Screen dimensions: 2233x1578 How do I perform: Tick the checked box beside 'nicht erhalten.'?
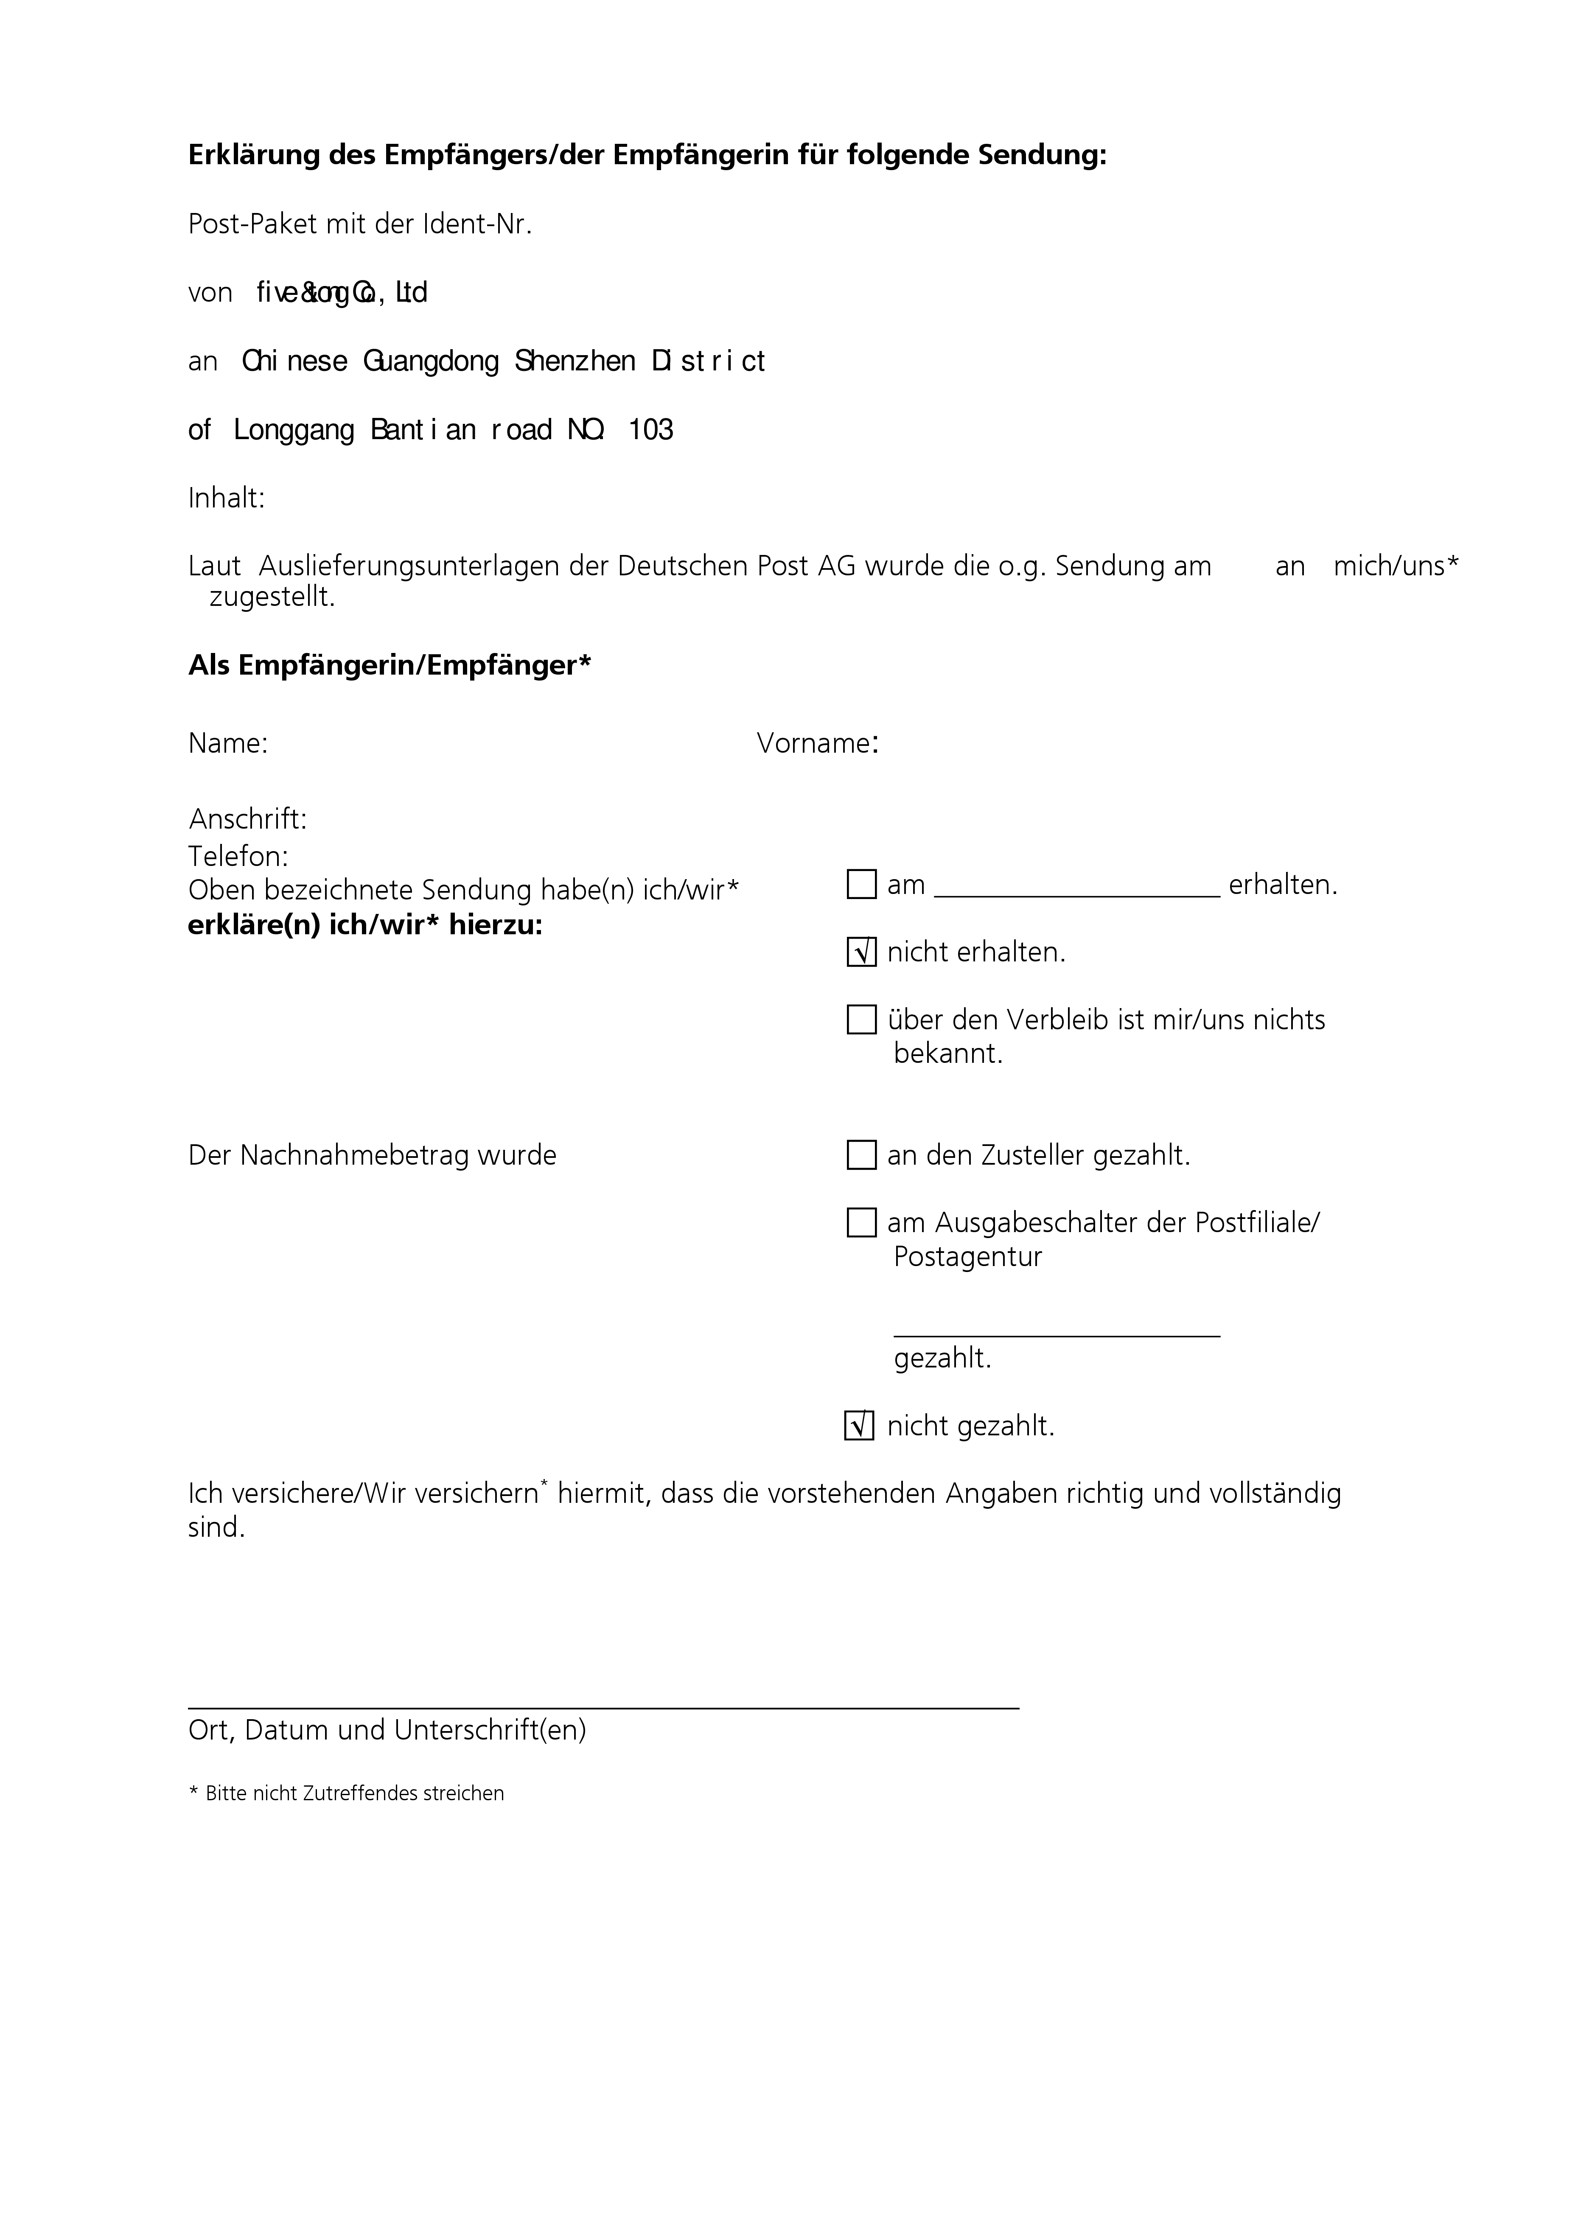[x=861, y=952]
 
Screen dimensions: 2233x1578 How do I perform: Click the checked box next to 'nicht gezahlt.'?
[x=859, y=1426]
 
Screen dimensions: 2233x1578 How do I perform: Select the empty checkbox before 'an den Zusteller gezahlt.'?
[x=861, y=1155]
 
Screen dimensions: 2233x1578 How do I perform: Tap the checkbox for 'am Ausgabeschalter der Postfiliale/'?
[x=861, y=1222]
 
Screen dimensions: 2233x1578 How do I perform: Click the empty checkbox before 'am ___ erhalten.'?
[x=861, y=885]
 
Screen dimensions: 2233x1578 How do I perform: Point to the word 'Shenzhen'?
[x=575, y=362]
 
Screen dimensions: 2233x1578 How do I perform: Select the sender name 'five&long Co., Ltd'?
[x=342, y=293]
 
